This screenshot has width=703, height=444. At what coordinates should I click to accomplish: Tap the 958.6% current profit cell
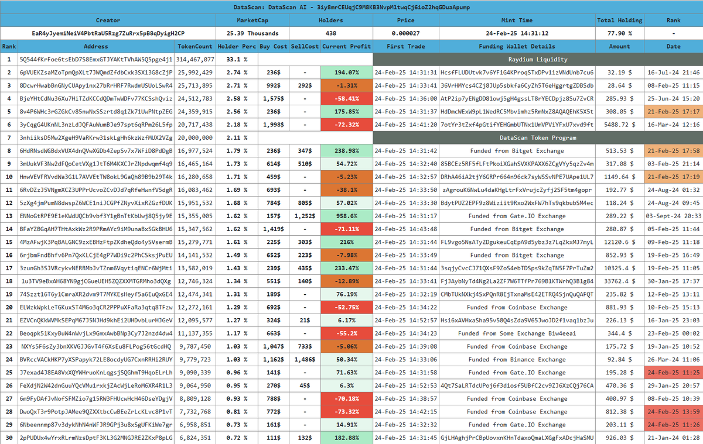tap(346, 216)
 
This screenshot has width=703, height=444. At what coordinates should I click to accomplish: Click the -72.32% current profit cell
tap(346, 125)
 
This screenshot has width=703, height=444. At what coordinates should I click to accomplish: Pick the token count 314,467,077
tap(195, 59)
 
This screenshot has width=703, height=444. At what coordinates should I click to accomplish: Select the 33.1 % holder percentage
tap(237, 59)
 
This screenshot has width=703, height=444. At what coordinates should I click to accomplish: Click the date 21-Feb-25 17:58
tap(673, 150)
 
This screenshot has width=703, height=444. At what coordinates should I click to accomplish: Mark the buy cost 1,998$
tap(274, 125)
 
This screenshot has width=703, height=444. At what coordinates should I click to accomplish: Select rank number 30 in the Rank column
tap(9, 438)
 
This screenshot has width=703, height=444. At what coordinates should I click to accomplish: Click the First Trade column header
tap(405, 46)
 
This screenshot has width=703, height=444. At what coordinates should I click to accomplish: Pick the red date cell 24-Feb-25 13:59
tap(673, 411)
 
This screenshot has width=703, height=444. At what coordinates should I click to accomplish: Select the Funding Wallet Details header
tap(517, 46)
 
